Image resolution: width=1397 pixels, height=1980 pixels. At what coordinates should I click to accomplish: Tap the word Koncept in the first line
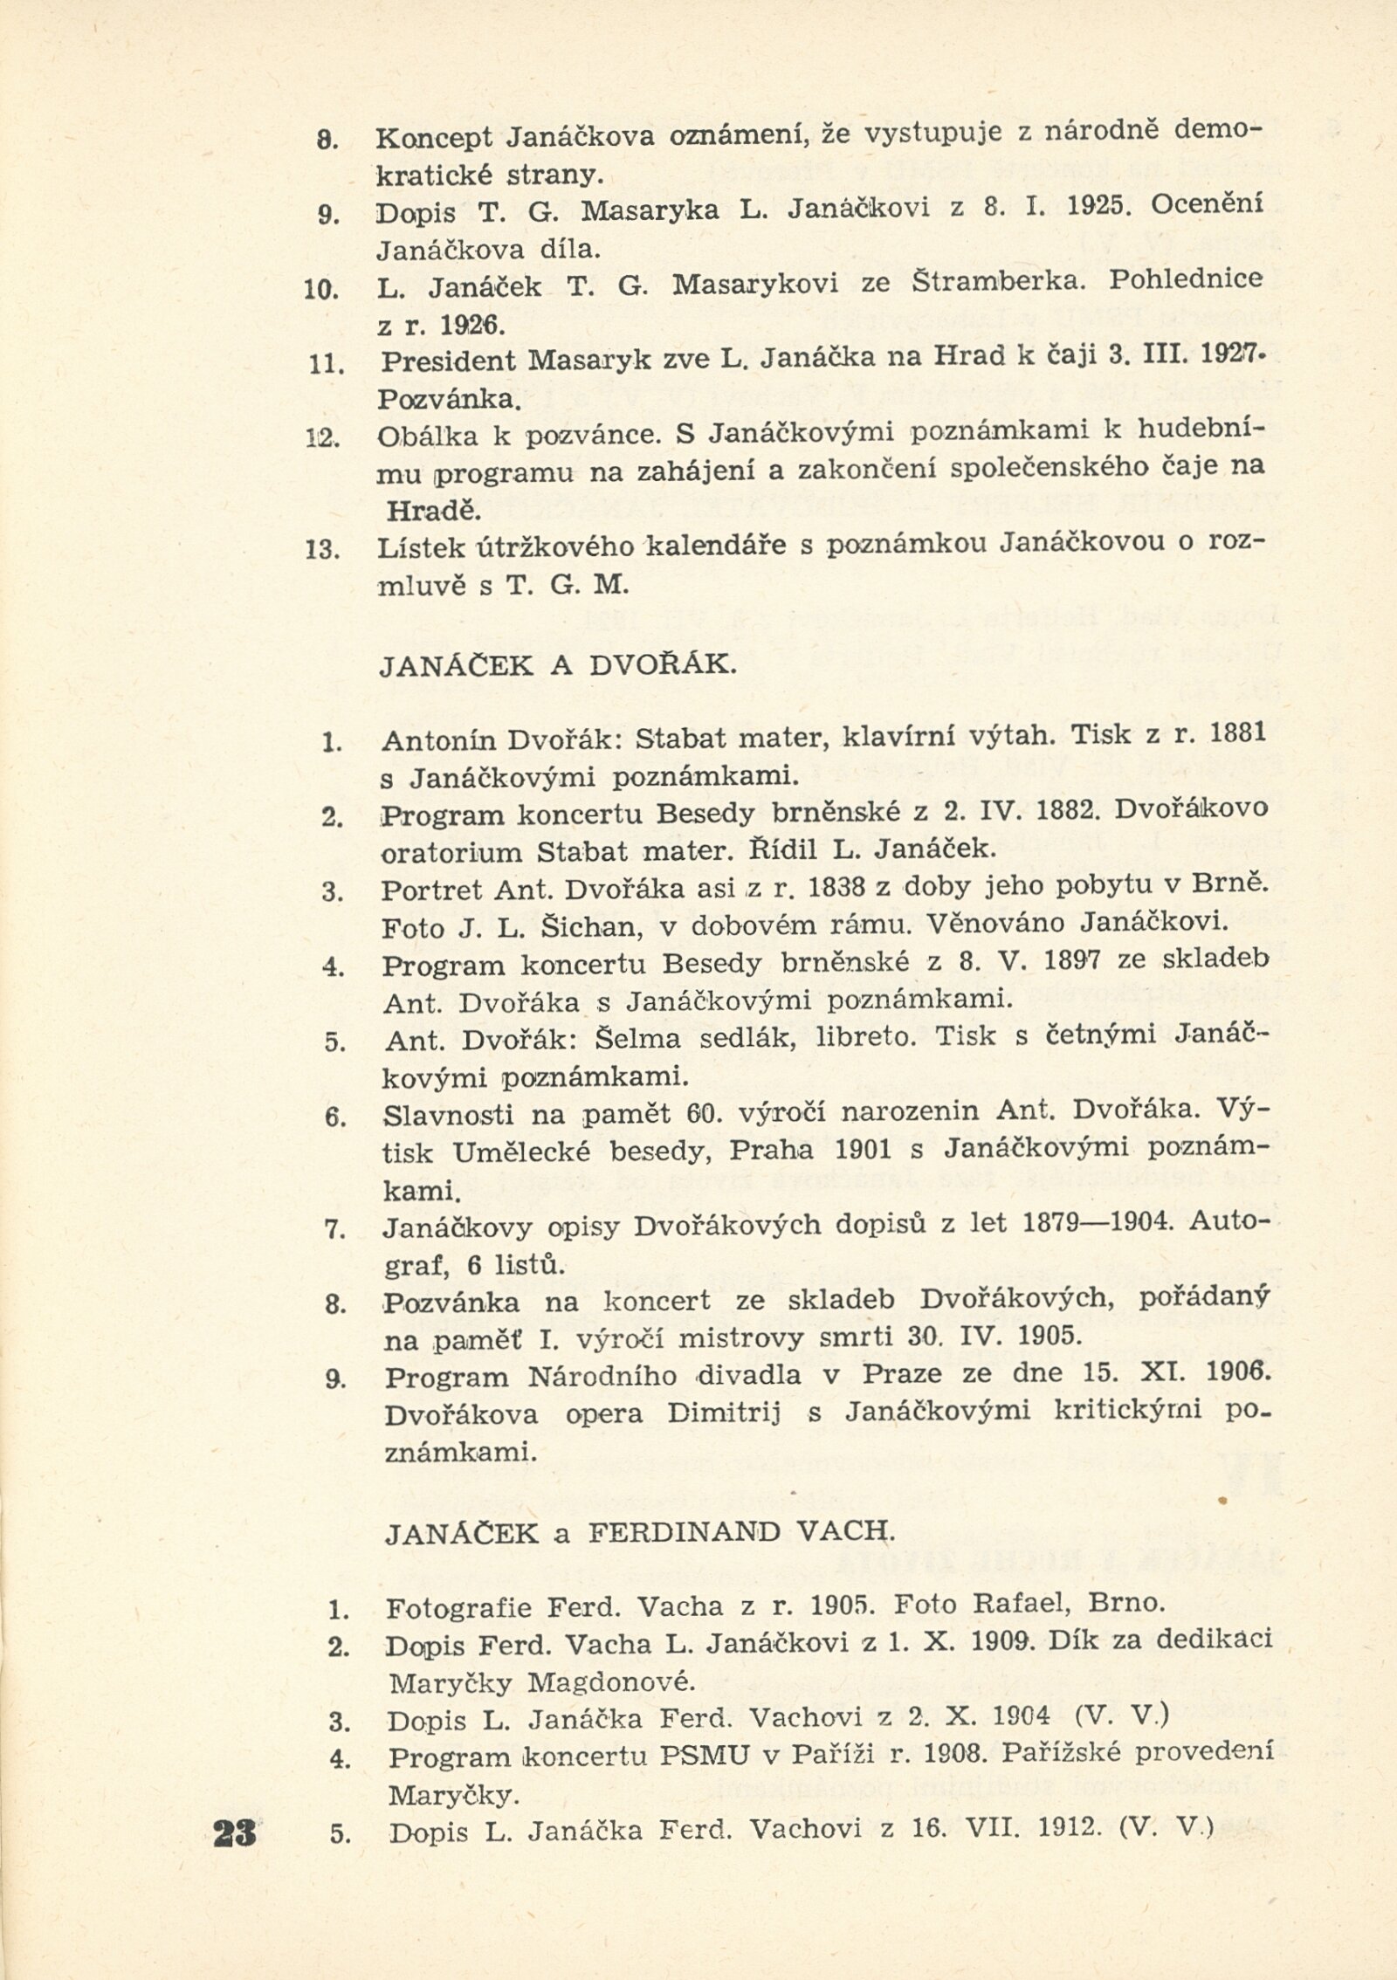pyautogui.click(x=434, y=137)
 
